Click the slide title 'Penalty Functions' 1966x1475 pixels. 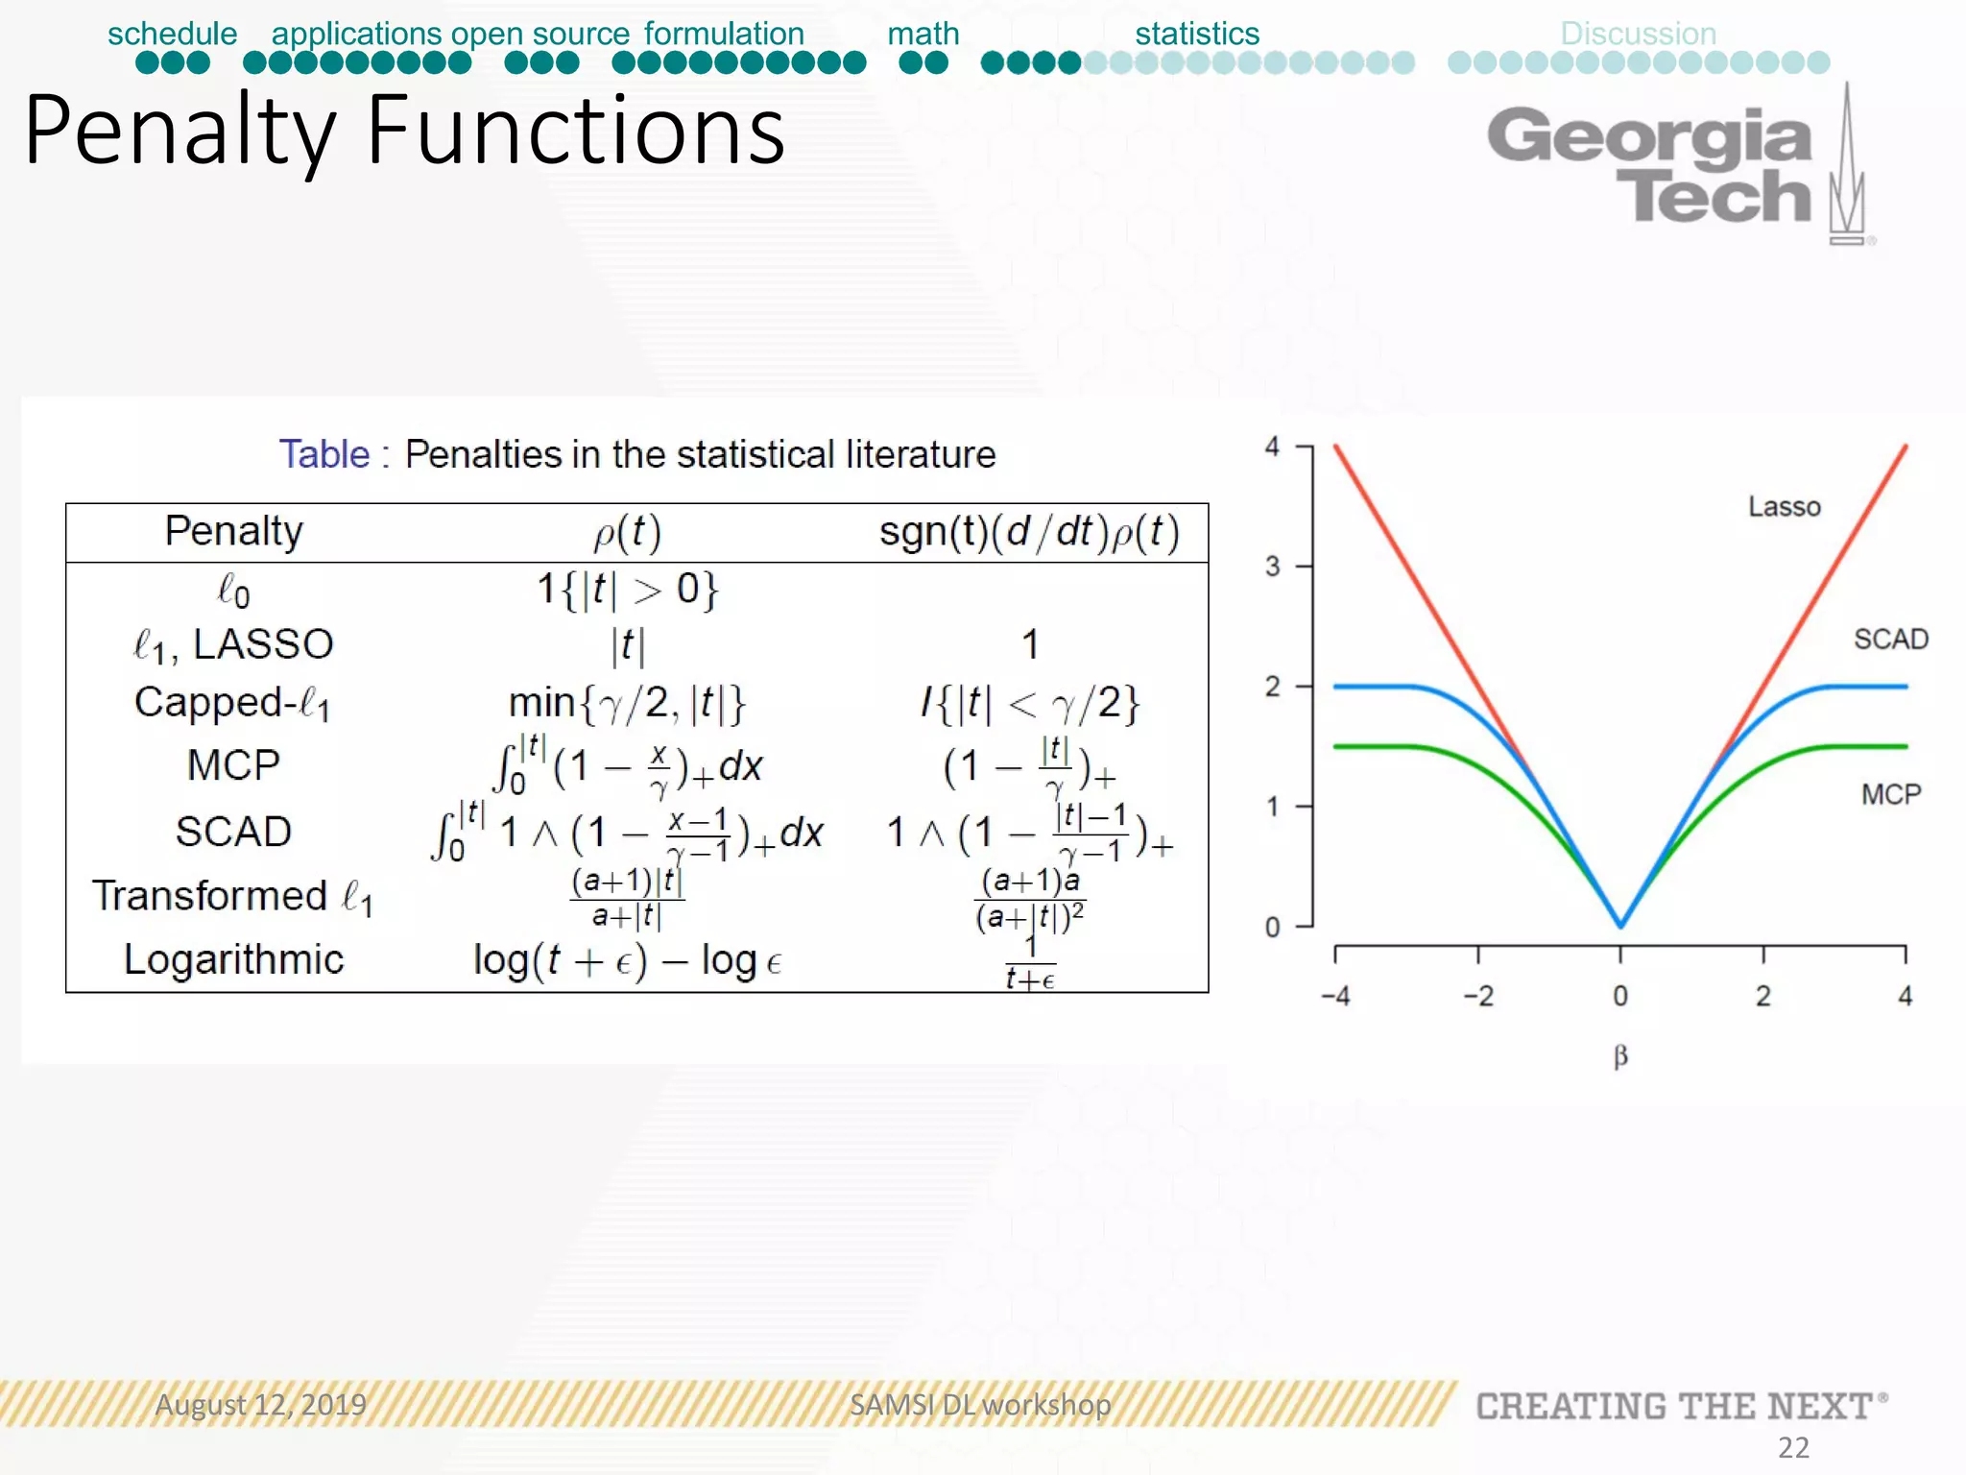pos(404,131)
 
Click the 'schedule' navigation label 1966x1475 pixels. pos(172,34)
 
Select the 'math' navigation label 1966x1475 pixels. pos(923,34)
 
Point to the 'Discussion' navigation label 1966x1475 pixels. pos(1638,34)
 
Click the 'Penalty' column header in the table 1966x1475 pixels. pos(233,531)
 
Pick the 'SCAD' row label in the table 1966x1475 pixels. pos(233,832)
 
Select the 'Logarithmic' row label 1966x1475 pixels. pos(233,959)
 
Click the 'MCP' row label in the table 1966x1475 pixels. pos(233,765)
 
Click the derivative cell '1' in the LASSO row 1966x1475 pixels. pos(1030,644)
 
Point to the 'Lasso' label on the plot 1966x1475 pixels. pos(1784,506)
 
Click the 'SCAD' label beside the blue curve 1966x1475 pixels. pos(1890,639)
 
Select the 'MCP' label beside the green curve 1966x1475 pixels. pos(1890,794)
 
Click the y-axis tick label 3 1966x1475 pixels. pos(1272,567)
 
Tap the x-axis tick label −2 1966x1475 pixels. pos(1478,996)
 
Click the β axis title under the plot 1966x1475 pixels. pos(1620,1057)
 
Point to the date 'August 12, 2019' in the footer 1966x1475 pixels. pos(261,1405)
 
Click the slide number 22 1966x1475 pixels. pos(1793,1447)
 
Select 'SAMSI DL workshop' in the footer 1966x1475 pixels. pos(980,1405)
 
